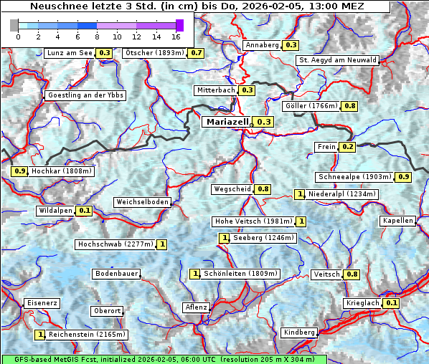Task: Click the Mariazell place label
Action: pyautogui.click(x=227, y=122)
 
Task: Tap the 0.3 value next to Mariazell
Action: pyautogui.click(x=264, y=122)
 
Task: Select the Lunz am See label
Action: pyautogui.click(x=69, y=53)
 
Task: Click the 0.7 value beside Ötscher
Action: pyautogui.click(x=196, y=53)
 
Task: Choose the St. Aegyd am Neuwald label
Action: pyautogui.click(x=337, y=60)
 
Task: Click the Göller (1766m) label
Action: pyautogui.click(x=311, y=106)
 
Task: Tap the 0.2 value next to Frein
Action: pyautogui.click(x=348, y=147)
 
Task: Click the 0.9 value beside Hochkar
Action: pyautogui.click(x=19, y=171)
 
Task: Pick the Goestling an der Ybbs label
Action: pyautogui.click(x=85, y=95)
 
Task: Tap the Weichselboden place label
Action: pyautogui.click(x=143, y=203)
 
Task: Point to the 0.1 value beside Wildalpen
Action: pyautogui.click(x=85, y=211)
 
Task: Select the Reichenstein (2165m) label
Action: pyautogui.click(x=86, y=334)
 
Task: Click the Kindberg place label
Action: pyautogui.click(x=299, y=332)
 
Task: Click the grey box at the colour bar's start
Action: pyautogui.click(x=14, y=25)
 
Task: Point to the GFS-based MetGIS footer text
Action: pyautogui.click(x=164, y=359)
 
